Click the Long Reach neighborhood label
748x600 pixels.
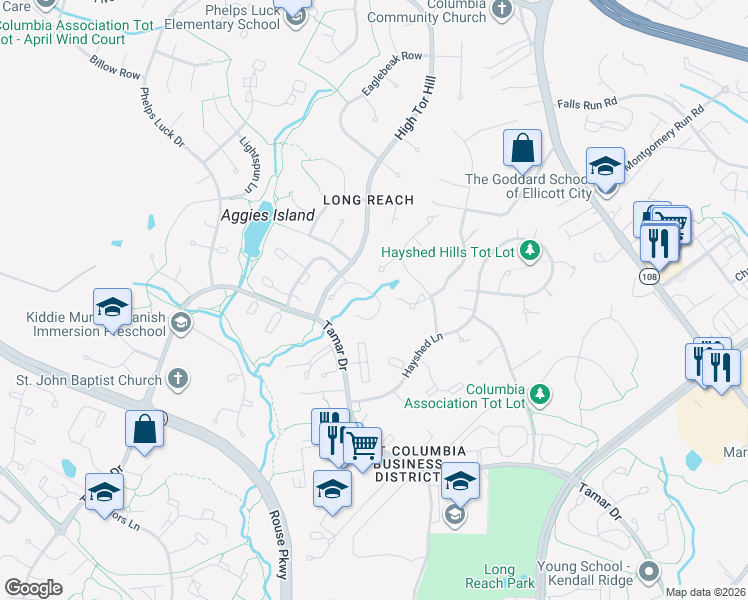click(x=367, y=200)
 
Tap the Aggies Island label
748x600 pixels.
click(x=267, y=215)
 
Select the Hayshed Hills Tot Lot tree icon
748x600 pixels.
click(x=531, y=252)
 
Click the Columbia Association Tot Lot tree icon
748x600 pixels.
click(x=540, y=394)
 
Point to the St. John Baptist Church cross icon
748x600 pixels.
click(x=177, y=379)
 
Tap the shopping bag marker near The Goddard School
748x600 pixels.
click(x=522, y=149)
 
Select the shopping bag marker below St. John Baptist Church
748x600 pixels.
click(x=144, y=429)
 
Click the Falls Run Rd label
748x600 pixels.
click(x=588, y=103)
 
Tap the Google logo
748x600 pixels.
click(x=33, y=588)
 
